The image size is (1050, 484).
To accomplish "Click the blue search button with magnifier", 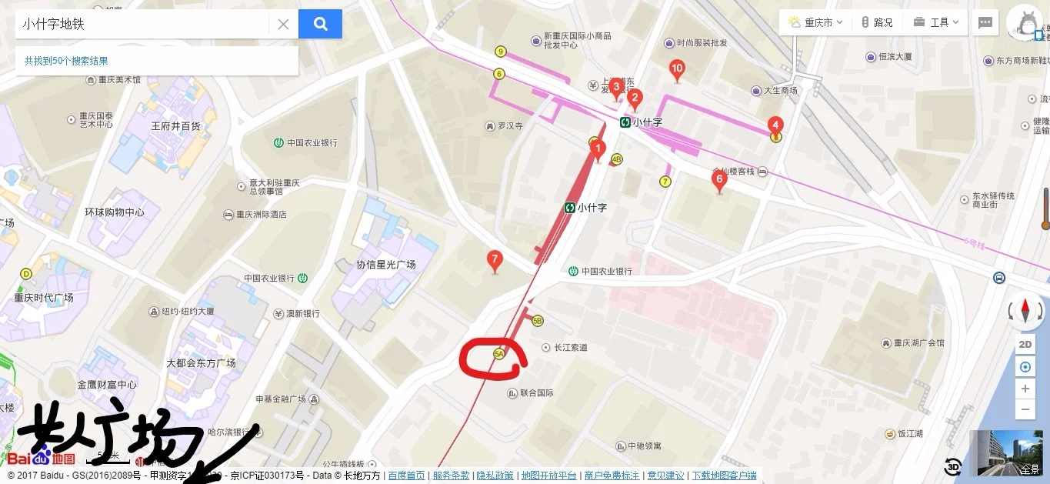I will click(x=320, y=24).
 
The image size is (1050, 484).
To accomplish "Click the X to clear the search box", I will click(x=283, y=24).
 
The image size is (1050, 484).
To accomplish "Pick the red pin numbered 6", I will click(x=720, y=181).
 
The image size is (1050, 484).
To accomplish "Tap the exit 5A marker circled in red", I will click(x=498, y=354).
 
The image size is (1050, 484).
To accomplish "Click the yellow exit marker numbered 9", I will click(x=501, y=52).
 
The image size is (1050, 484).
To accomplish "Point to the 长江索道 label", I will click(x=571, y=348).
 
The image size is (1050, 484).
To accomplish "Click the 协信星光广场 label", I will click(x=385, y=265).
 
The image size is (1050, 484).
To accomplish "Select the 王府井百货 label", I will click(x=175, y=125).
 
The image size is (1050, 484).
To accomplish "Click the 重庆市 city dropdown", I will click(x=815, y=22).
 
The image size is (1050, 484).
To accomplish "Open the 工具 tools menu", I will click(x=938, y=22).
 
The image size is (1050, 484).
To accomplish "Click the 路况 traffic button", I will click(x=877, y=22).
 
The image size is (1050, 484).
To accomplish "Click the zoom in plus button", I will click(x=1025, y=389).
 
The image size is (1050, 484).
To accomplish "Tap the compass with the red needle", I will click(x=1025, y=312).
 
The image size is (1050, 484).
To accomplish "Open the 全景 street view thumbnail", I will click(x=1008, y=453).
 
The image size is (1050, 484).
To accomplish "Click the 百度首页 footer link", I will click(x=406, y=476).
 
